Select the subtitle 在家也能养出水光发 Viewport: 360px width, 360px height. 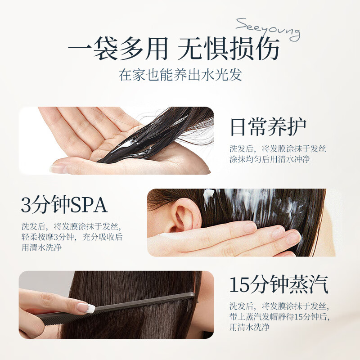click(x=180, y=74)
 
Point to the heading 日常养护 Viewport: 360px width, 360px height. click(x=268, y=127)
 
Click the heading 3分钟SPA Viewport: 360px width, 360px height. click(x=64, y=205)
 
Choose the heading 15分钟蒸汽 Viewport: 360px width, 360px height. click(x=279, y=285)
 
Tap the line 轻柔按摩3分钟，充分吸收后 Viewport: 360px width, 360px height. click(x=72, y=237)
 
